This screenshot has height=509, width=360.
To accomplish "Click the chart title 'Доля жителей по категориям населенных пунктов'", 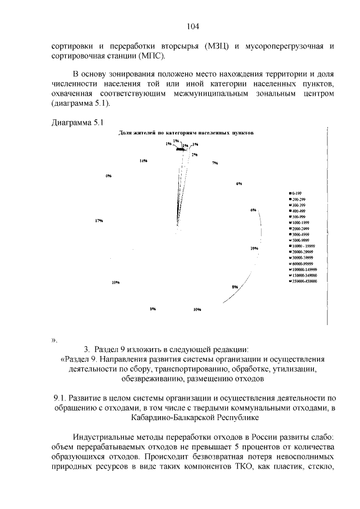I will click(186, 133).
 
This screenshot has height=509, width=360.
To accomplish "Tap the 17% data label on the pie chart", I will click(99, 220).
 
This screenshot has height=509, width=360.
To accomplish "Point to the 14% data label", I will click(143, 161).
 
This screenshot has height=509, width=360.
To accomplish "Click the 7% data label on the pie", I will click(215, 163).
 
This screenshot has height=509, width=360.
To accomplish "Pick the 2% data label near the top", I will click(194, 154).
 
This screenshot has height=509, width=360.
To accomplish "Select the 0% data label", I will click(108, 176).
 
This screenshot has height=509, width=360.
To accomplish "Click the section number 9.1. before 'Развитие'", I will click(58, 399).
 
